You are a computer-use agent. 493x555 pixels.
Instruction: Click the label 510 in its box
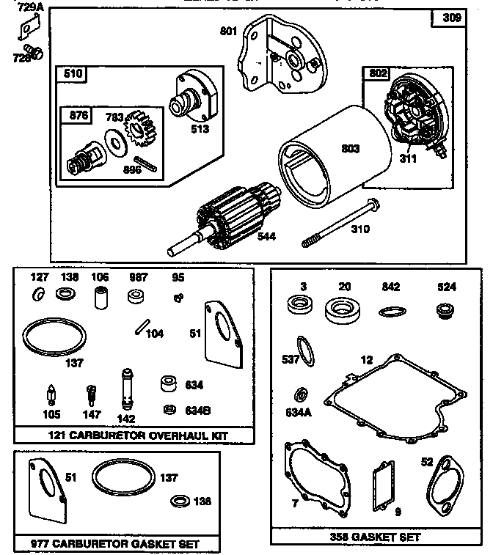click(x=73, y=73)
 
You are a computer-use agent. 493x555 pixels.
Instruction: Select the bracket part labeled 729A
click(x=28, y=29)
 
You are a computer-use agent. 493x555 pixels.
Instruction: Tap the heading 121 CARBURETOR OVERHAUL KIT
click(x=138, y=435)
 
